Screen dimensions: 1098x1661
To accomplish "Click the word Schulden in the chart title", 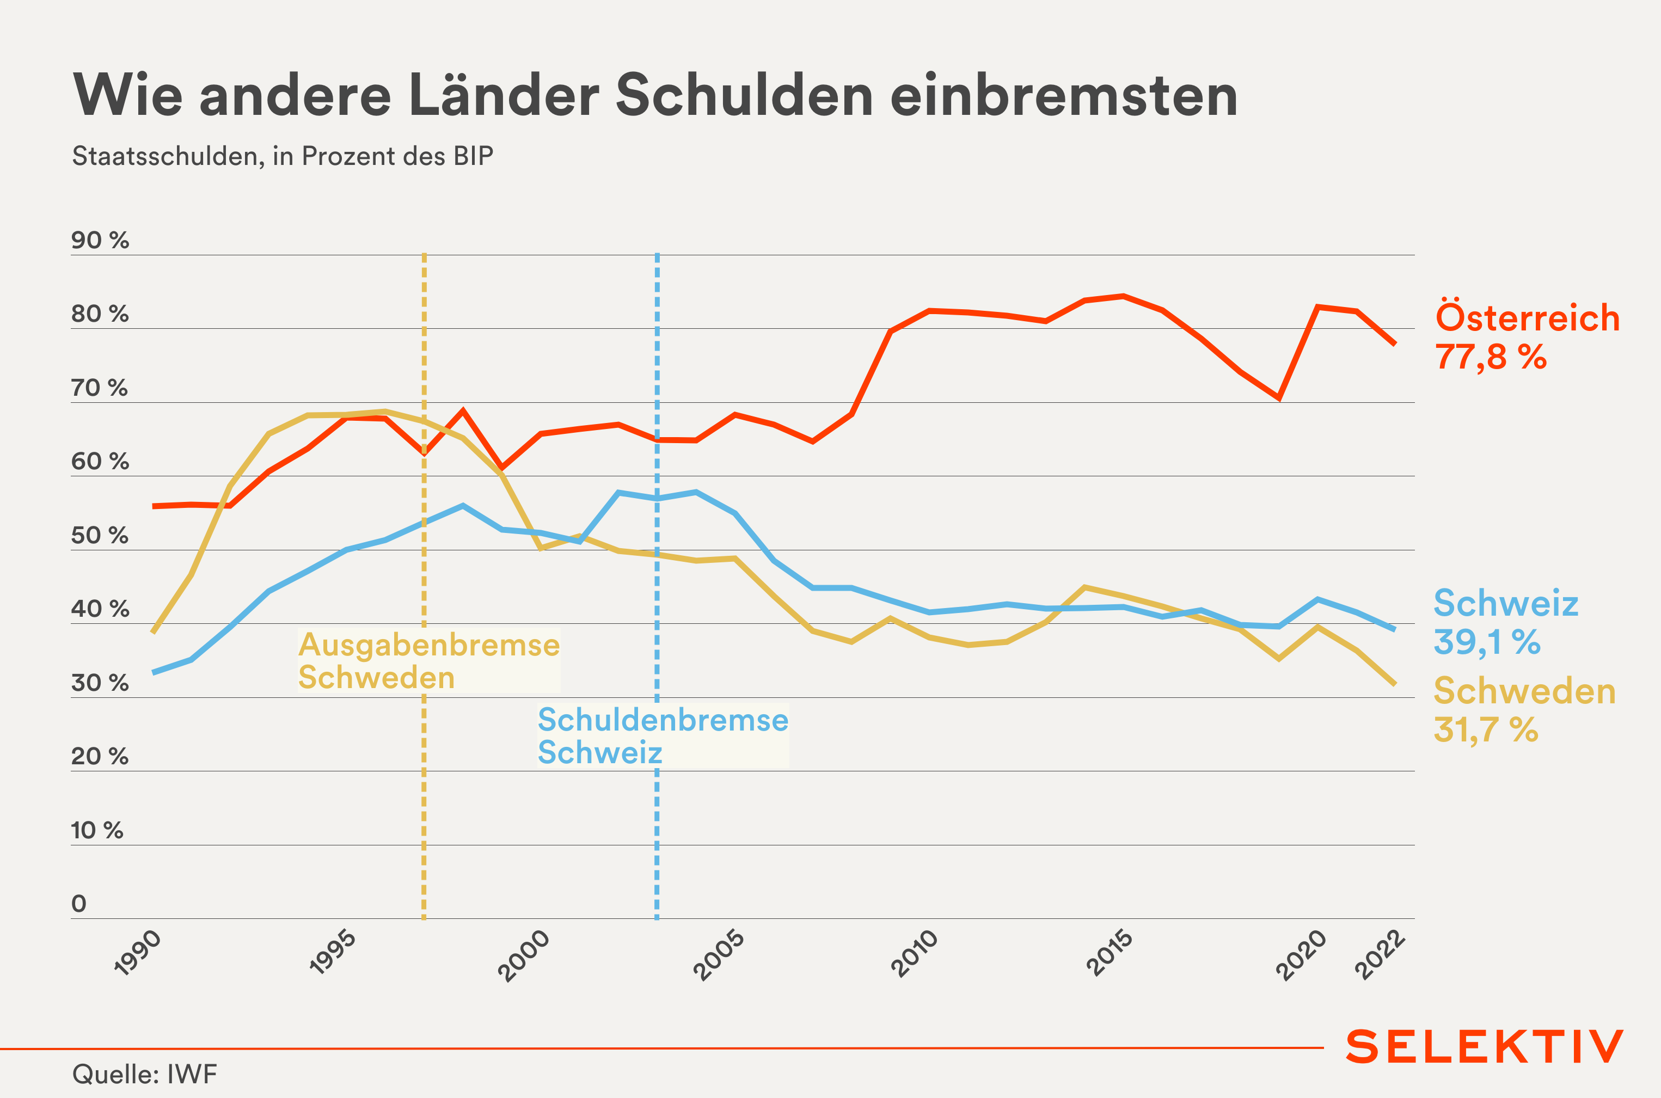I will pyautogui.click(x=744, y=95).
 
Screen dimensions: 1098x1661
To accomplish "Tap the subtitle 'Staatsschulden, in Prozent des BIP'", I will pyautogui.click(x=282, y=156).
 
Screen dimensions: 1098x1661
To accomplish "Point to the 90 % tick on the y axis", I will pyautogui.click(x=100, y=240).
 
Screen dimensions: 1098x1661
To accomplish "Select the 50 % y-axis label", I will pyautogui.click(x=100, y=536).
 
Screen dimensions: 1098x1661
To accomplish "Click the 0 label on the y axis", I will pyautogui.click(x=79, y=904).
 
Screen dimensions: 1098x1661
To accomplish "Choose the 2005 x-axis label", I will pyautogui.click(x=719, y=954).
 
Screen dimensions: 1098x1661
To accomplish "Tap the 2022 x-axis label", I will pyautogui.click(x=1380, y=954).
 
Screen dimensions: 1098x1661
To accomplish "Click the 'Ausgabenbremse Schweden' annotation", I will pyautogui.click(x=428, y=661).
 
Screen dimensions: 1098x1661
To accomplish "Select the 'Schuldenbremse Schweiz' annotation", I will pyautogui.click(x=663, y=736).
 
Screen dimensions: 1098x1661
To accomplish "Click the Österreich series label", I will pyautogui.click(x=1527, y=318).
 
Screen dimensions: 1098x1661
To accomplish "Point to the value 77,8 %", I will pyautogui.click(x=1491, y=357).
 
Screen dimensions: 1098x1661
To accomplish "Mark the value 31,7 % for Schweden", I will pyautogui.click(x=1486, y=729).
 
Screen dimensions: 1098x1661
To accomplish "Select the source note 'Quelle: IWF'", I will pyautogui.click(x=145, y=1074).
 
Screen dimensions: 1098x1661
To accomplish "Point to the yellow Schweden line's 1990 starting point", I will pyautogui.click(x=154, y=633).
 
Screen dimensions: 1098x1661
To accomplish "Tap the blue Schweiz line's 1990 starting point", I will pyautogui.click(x=154, y=673).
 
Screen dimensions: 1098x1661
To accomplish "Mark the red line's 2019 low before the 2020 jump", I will pyautogui.click(x=1279, y=398).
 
